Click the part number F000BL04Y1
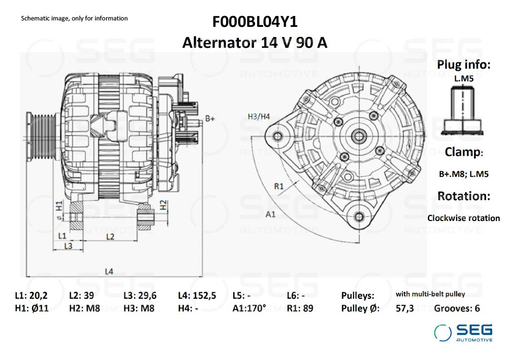click(255, 22)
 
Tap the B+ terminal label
click(210, 119)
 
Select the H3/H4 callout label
click(259, 117)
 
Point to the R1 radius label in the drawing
click(279, 186)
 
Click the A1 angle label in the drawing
click(270, 214)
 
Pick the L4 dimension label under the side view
click(109, 271)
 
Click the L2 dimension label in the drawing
click(110, 237)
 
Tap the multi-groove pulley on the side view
click(42, 136)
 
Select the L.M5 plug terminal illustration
click(462, 111)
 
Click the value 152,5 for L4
click(204, 296)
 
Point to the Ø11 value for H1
click(39, 308)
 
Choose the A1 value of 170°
click(254, 308)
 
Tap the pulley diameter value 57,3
click(404, 308)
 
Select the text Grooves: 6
click(457, 308)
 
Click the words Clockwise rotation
click(464, 218)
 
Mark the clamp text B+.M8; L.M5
click(464, 174)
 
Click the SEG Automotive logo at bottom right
click(463, 333)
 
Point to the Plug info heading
click(464, 64)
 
